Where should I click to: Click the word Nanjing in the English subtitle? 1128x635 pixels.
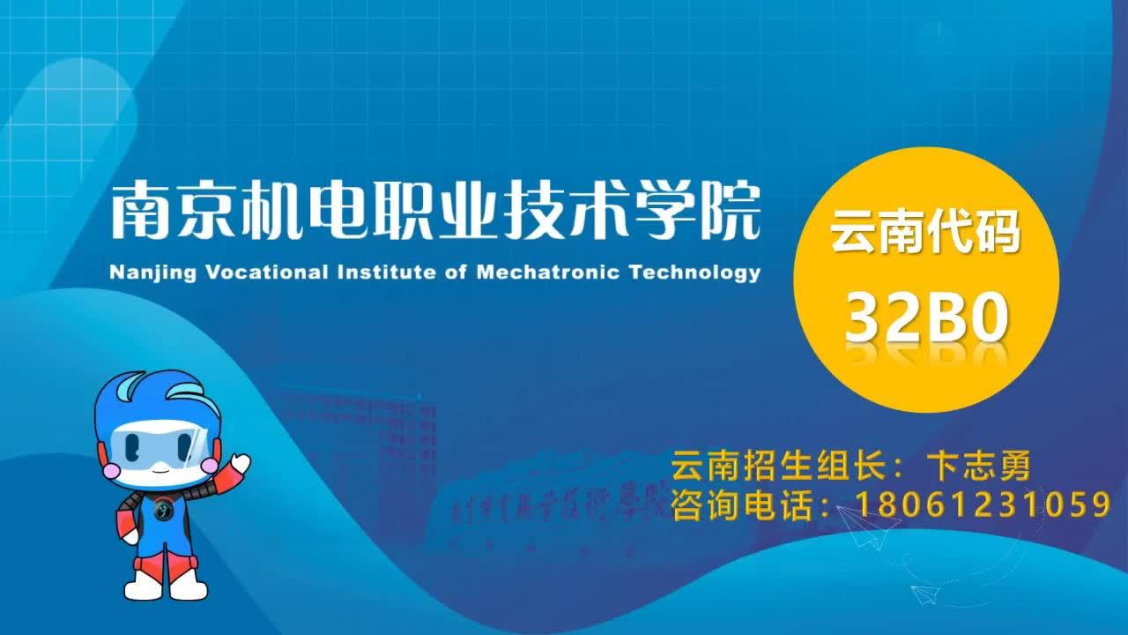(152, 273)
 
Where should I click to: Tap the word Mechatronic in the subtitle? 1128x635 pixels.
(548, 273)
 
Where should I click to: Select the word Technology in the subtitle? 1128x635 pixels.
(695, 273)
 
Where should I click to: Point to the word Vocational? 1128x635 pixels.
(267, 273)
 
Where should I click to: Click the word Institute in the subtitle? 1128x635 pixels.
(387, 273)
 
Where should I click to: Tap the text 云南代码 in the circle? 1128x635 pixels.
(925, 232)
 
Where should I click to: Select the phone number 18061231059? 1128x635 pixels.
(983, 504)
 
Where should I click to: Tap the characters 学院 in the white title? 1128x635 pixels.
(697, 210)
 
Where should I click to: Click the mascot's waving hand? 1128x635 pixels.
(241, 463)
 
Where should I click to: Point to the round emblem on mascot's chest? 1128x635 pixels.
(163, 510)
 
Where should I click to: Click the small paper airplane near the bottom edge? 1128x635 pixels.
(925, 594)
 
